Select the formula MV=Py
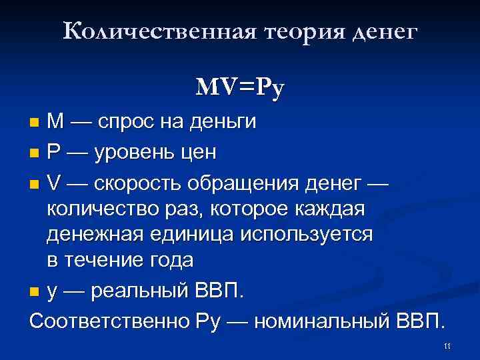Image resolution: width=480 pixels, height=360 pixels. [240, 87]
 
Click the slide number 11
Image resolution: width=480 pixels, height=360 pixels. [447, 345]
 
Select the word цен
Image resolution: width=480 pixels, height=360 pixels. [200, 153]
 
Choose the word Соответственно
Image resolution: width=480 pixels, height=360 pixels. [110, 320]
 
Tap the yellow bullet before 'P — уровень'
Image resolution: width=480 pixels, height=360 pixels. [35, 153]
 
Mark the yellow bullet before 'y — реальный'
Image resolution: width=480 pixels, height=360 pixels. [35, 291]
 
